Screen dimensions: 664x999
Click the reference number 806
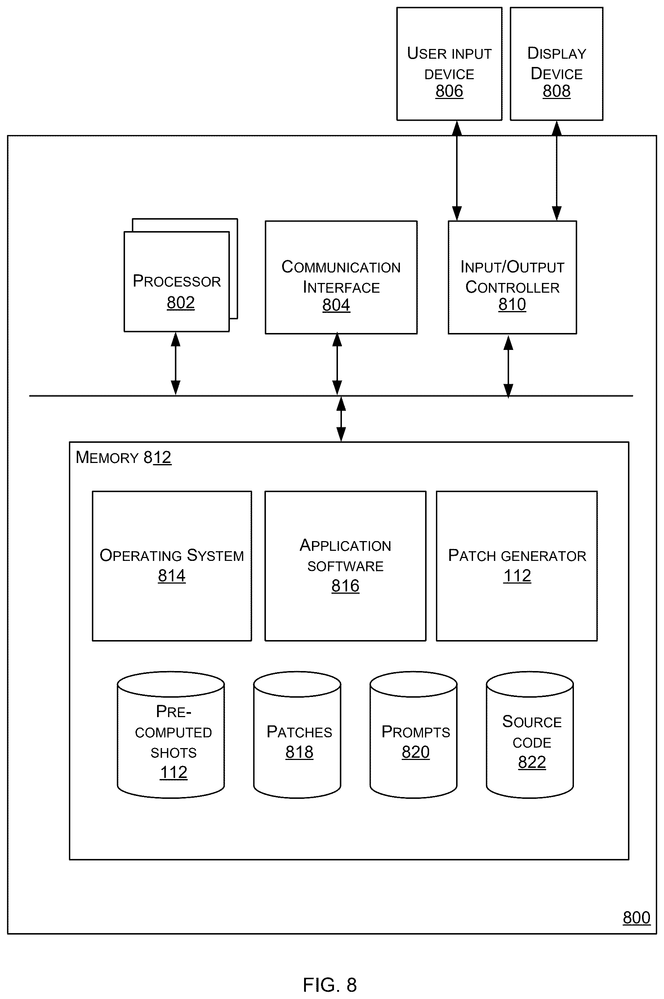point(449,91)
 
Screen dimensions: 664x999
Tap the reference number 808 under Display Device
point(556,91)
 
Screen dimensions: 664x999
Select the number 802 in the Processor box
point(181,302)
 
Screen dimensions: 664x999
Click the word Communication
point(341,267)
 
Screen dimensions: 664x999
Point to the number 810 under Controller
point(512,304)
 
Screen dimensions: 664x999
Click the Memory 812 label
point(123,458)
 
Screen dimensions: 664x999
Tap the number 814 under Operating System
point(171,575)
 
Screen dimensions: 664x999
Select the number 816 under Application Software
point(345,586)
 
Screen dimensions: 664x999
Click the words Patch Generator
point(517,555)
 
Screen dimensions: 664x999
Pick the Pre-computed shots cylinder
point(171,735)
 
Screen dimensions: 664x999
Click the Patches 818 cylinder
point(297,735)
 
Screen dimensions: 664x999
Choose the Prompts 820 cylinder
point(413,735)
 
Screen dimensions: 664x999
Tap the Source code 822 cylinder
point(530,735)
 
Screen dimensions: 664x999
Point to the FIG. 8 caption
point(330,985)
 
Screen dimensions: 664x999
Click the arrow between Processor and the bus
point(175,364)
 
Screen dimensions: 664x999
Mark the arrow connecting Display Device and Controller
point(556,171)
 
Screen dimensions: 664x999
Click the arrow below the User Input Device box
point(456,171)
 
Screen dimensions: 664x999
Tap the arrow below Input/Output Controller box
point(508,366)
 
